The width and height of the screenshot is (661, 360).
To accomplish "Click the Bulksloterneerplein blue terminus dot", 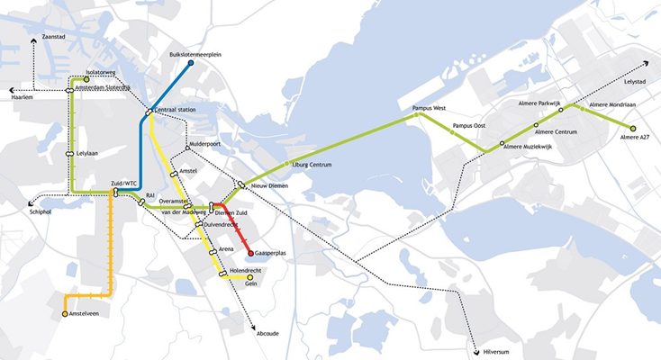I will (x=191, y=62).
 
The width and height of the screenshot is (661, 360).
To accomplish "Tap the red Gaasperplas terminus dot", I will (x=249, y=253).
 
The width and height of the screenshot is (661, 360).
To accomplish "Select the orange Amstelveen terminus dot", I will (x=65, y=314).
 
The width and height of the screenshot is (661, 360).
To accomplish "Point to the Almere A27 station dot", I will (x=633, y=130).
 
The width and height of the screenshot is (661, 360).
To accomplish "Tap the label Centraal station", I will (x=176, y=110).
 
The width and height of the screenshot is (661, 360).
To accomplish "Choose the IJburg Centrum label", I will (x=312, y=165).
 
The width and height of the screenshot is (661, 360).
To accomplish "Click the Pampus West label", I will (x=429, y=108).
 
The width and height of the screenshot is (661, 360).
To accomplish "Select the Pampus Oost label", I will (x=469, y=126).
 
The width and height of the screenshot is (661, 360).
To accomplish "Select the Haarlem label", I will (x=23, y=97).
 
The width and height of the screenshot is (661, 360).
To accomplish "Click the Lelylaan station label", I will (x=87, y=154).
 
